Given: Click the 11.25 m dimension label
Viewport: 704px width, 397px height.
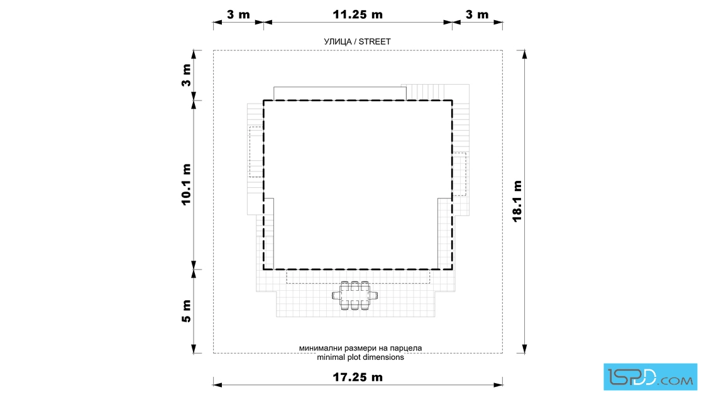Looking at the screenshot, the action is coord(358,15).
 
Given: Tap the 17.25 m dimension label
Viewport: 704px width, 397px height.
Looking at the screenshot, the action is coord(358,378).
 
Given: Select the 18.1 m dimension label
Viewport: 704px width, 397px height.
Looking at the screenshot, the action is coord(517,202).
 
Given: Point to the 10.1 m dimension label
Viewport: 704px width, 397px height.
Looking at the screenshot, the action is coord(186,185).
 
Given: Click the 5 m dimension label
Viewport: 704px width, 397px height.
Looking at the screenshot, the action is coord(186,312).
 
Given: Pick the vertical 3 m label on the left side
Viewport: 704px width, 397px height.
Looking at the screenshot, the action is coord(186,75).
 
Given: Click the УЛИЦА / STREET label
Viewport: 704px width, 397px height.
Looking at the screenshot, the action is coord(358,41).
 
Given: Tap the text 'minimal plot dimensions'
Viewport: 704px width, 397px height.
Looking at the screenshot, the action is coord(361,357).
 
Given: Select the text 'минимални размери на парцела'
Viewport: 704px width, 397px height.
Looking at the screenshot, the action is coord(361,347).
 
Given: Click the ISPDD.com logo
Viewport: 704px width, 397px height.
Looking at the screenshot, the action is coord(650,377).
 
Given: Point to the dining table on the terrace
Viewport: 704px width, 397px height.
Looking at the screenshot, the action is coord(355,296).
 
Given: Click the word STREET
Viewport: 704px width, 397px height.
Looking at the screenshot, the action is coord(375,41).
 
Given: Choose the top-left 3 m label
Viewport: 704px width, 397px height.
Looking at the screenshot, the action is coord(238,15).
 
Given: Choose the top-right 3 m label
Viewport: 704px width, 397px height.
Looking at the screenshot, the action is coord(477,15).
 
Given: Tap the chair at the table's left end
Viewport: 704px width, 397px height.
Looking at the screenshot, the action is coord(336,296).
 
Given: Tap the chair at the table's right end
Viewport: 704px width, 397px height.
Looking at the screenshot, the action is coord(373,296).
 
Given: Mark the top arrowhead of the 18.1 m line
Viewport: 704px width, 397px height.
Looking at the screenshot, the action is coord(524,54).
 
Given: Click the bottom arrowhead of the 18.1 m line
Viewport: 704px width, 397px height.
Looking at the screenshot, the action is coord(524,349).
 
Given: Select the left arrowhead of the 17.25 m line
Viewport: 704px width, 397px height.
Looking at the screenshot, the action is coord(217,384).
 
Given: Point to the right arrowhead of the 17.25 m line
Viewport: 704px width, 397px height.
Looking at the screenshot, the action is coord(498,384).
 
